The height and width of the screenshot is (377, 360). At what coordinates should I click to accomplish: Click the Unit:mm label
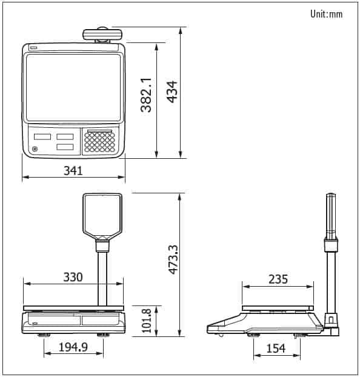[326, 14]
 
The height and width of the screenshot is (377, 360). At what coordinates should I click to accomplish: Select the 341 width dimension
[73, 170]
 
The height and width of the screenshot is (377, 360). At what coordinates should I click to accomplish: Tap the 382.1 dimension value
[146, 95]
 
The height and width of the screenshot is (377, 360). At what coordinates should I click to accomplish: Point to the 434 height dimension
[172, 92]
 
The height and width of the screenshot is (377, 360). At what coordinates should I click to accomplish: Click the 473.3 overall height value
[173, 259]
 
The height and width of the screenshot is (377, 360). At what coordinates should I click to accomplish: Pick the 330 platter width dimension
[73, 277]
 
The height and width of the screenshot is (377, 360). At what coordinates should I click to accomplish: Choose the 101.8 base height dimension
[147, 321]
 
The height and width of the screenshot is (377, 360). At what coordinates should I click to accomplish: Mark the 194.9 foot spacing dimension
[73, 347]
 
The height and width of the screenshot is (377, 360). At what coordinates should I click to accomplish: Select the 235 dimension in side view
[278, 279]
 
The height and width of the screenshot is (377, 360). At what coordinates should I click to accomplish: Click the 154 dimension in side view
[276, 348]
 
